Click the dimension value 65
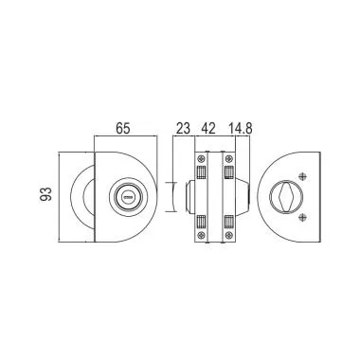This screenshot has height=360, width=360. tap(123, 129)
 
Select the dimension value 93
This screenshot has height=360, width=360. tap(45, 194)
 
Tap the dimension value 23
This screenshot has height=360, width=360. tap(183, 129)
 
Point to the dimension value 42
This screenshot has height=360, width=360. tap(208, 129)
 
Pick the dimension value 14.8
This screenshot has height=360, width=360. tap(241, 129)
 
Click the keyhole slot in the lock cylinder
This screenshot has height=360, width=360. tap(128, 198)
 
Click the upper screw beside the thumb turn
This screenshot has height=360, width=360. tap(302, 176)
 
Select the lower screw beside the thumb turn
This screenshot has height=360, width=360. tap(302, 217)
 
